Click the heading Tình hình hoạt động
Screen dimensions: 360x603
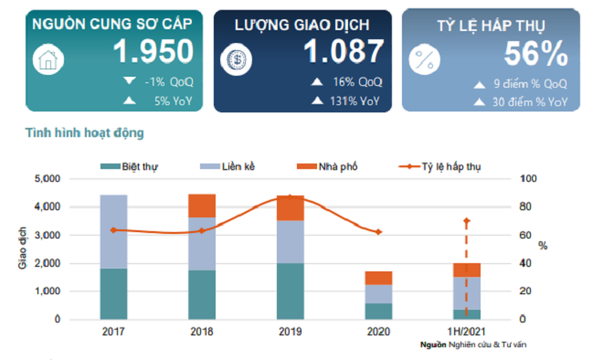click(84, 133)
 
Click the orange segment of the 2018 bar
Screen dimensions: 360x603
click(202, 206)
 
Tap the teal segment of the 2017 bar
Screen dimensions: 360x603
click(113, 293)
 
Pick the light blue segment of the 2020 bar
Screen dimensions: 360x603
click(378, 293)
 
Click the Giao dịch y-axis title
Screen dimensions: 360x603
click(22, 249)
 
